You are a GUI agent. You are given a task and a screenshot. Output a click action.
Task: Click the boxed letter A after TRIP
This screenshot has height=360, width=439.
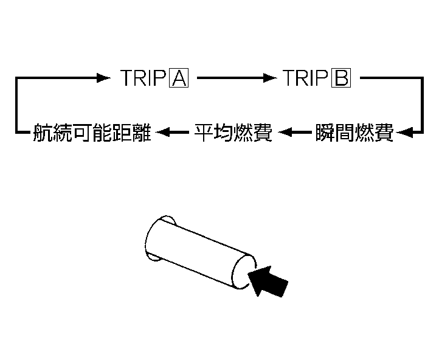(181, 78)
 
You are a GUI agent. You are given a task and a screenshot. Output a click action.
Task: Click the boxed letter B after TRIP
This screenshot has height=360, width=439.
(341, 78)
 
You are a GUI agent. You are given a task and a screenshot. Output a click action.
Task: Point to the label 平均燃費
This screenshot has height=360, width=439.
(233, 132)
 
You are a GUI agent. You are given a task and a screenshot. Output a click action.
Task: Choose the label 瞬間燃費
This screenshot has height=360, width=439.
(354, 132)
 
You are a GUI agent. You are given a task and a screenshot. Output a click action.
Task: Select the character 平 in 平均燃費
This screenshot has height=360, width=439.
(203, 132)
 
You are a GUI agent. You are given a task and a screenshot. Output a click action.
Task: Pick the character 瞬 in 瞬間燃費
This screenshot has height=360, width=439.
(325, 132)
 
